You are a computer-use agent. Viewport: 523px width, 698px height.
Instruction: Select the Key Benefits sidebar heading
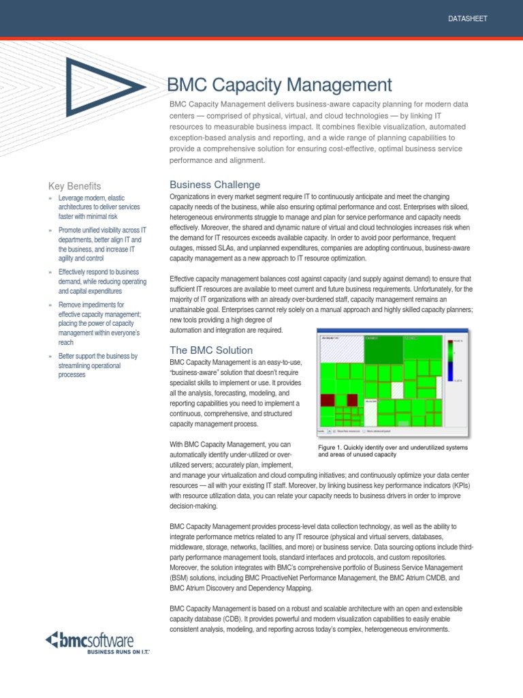coord(74,186)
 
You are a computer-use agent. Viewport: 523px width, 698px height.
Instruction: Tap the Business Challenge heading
coord(215,185)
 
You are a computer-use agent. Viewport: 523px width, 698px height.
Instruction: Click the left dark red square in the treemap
coord(328,400)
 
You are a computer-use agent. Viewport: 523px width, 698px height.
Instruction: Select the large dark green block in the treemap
coord(383,350)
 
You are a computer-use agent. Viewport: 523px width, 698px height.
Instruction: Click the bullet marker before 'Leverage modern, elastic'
coord(50,198)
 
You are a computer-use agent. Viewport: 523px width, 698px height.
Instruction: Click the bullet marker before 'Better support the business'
coord(50,356)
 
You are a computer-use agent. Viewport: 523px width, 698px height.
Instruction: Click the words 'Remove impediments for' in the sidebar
coord(91,304)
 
